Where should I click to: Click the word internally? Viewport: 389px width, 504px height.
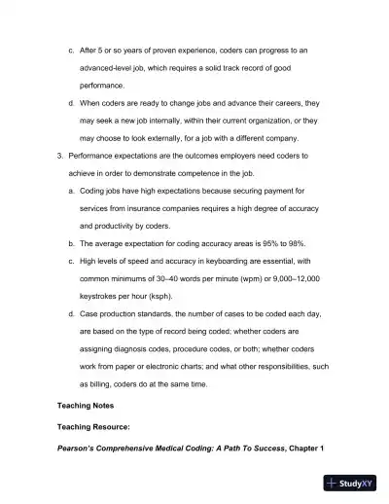(173, 120)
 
